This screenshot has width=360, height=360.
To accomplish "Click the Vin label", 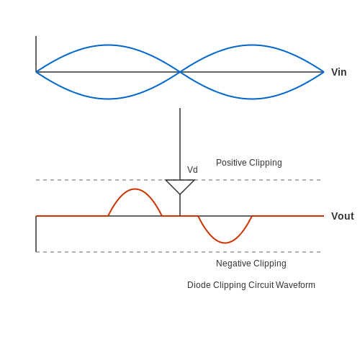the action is coord(338,72).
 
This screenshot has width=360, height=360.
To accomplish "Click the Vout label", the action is coord(343,216).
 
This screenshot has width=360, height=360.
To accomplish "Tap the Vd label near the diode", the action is coord(192,170).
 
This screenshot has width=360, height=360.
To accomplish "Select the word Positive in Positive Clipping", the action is coord(231,163).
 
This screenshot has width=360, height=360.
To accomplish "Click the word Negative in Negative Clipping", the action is coord(233,264).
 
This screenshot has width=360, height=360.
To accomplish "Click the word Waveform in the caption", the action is coord(295,285).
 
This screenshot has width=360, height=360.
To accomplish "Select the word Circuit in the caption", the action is coord(261,285).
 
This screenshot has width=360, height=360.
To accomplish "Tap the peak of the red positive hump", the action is coord(135,189).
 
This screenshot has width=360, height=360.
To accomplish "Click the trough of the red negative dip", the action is coord(225,243).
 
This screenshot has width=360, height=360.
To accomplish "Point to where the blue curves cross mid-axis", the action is coord(180,72).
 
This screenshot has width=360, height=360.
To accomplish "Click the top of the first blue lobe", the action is coord(108,45).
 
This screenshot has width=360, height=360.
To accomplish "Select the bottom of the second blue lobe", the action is coord(252,99).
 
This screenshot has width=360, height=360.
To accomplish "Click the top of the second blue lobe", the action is coord(252,45).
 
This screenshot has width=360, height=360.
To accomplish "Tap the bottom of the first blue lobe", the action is coord(108,99).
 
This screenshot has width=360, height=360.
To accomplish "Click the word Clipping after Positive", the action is coord(266,163).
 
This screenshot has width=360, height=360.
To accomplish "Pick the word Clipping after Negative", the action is coord(270,264).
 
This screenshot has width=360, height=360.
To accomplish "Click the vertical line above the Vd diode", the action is coord(180,144).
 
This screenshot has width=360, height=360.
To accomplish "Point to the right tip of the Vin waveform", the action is coord(323,72).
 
